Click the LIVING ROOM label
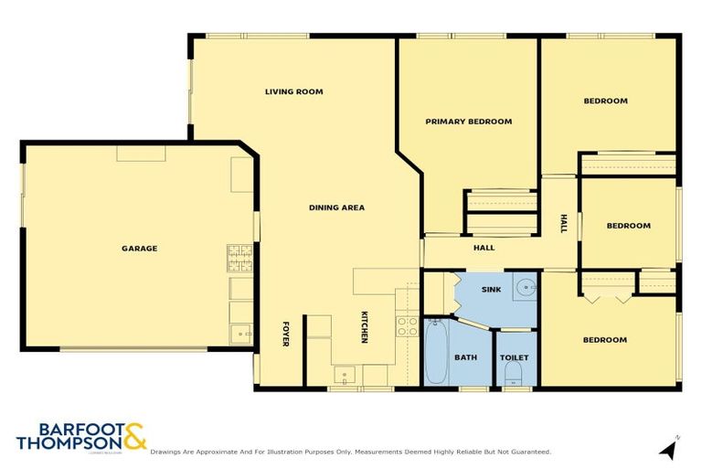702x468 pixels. click(293, 91)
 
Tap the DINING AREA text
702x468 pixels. click(335, 207)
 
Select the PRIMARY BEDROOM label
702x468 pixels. click(468, 121)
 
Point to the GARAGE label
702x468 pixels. click(140, 248)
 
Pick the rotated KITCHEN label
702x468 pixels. click(364, 327)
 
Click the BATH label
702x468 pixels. click(466, 356)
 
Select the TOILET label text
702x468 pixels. click(514, 356)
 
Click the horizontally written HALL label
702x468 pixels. click(484, 248)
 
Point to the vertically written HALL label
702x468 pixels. click(563, 223)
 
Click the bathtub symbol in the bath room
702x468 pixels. click(435, 352)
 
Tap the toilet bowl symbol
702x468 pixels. click(514, 372)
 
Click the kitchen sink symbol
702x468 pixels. click(346, 374)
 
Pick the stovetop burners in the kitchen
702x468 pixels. click(407, 326)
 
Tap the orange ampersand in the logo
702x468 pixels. click(134, 436)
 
